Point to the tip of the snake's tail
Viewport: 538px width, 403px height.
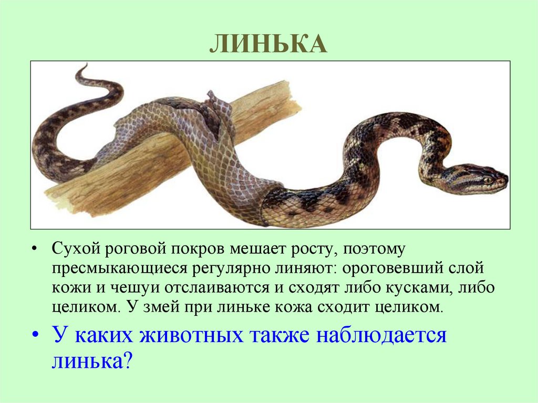tap(84, 66)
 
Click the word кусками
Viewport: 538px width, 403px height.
tap(425, 287)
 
